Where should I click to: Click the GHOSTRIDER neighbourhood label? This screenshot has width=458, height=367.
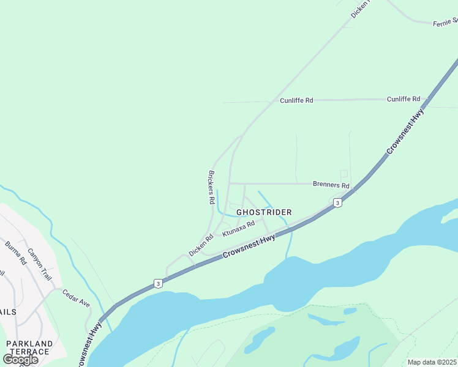(264, 212)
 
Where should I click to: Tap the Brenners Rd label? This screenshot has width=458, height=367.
(331, 185)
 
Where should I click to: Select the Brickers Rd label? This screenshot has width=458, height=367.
(211, 187)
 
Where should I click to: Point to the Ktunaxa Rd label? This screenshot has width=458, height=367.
(238, 229)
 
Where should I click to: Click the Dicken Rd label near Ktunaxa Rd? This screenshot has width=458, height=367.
(201, 245)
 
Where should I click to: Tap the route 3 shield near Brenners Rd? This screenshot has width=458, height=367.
(337, 202)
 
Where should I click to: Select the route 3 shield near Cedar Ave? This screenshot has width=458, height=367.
(158, 283)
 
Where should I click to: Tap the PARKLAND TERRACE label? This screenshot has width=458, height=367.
(28, 347)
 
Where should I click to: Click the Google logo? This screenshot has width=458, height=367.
(20, 359)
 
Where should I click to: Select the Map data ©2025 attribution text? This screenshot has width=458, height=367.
(432, 362)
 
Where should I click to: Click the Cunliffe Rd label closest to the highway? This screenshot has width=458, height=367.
(403, 98)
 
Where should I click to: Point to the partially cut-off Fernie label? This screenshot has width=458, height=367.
(445, 23)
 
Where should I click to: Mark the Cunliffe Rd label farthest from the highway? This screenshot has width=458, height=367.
(297, 100)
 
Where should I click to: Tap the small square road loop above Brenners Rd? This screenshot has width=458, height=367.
(343, 174)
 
